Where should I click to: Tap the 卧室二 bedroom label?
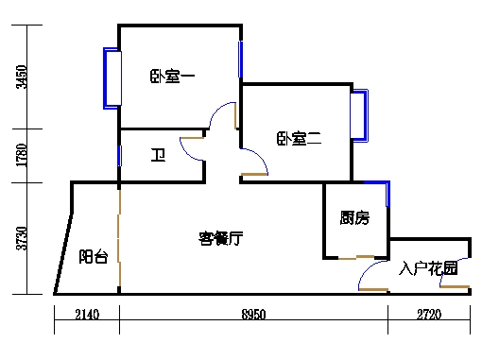tap(300, 139)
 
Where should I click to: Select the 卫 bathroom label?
tap(159, 154)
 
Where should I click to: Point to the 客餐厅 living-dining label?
tap(220, 238)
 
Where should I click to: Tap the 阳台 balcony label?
tap(93, 256)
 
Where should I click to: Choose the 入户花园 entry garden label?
tap(429, 268)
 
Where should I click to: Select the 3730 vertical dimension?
tap(23, 239)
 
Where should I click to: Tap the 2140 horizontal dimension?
tap(86, 315)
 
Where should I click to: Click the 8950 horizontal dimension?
tap(253, 315)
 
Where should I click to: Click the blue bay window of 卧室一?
tap(112, 77)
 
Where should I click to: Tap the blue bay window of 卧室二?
tap(359, 115)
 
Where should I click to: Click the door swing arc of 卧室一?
tap(217, 115)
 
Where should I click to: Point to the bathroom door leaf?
tap(192, 138)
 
